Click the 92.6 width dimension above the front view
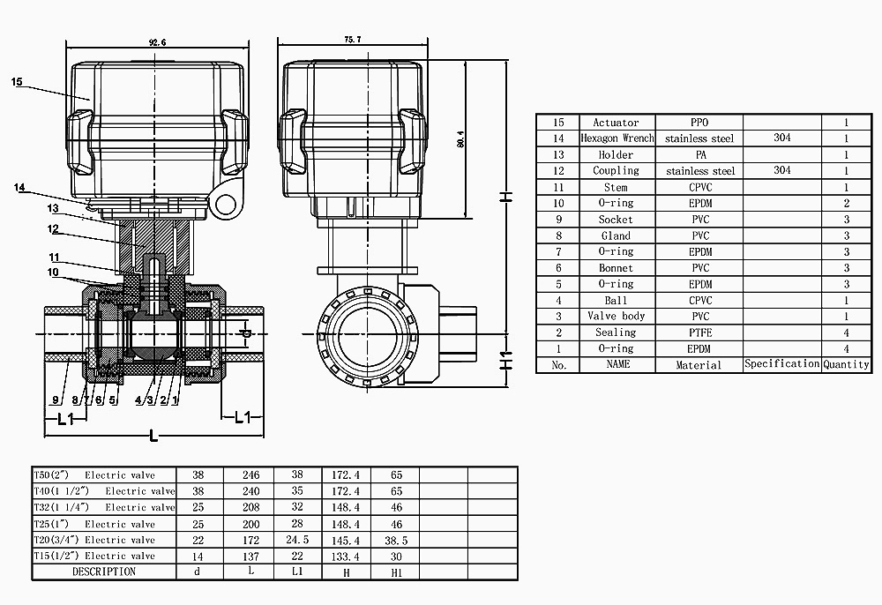point(159,41)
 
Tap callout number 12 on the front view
point(54,229)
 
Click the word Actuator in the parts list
point(616,123)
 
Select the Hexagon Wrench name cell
point(617,138)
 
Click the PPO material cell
point(699,123)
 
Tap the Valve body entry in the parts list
point(617,316)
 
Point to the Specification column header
point(781,364)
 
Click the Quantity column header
point(846,364)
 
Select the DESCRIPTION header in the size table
point(104,571)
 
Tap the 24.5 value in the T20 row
point(297,540)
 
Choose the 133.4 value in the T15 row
point(345,556)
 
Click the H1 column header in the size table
point(396,571)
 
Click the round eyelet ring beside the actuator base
point(226,205)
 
